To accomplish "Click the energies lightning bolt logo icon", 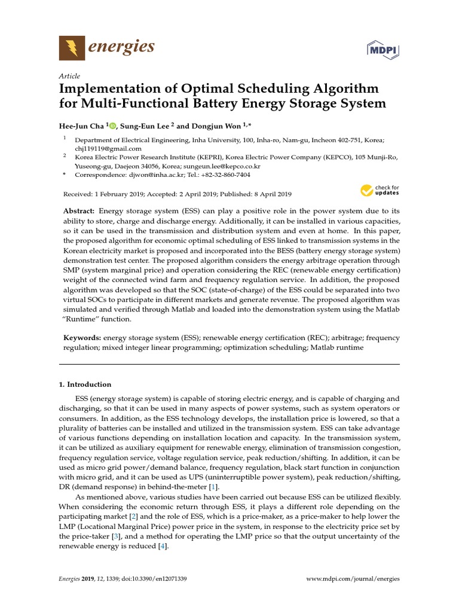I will (72, 47).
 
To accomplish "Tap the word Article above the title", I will (69, 76).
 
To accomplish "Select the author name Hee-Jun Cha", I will (82, 126).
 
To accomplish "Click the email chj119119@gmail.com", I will (108, 148).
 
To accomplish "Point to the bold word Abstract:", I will (79, 212).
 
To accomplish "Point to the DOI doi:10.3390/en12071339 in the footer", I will (151, 579).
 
